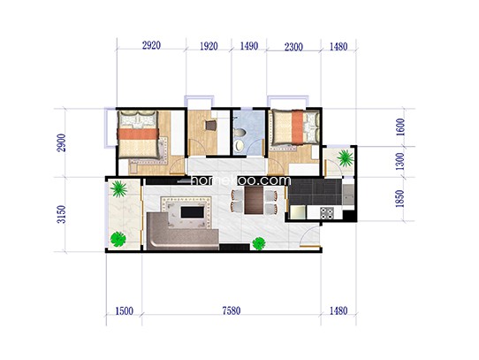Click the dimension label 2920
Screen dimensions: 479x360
tap(151, 45)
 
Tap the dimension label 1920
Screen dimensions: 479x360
tap(209, 46)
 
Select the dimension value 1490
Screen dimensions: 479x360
tap(249, 46)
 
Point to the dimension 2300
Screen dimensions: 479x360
tap(293, 47)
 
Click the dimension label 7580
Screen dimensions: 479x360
tap(232, 310)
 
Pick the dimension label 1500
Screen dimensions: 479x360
tap(124, 311)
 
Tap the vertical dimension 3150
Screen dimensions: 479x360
tap(61, 214)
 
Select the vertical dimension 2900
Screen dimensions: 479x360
tap(61, 142)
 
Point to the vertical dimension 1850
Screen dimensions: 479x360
tap(399, 199)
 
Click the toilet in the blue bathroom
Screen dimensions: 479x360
tap(239, 133)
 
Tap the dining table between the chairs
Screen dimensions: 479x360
tap(254, 200)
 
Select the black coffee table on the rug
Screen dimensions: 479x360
tap(193, 212)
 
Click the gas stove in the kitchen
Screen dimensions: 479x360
tap(327, 213)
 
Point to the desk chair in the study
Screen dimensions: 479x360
tap(210, 126)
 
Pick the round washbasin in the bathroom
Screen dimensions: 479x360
tap(239, 146)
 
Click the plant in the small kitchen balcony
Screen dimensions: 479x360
tap(346, 157)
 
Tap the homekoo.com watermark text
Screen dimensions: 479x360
tap(240, 180)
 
